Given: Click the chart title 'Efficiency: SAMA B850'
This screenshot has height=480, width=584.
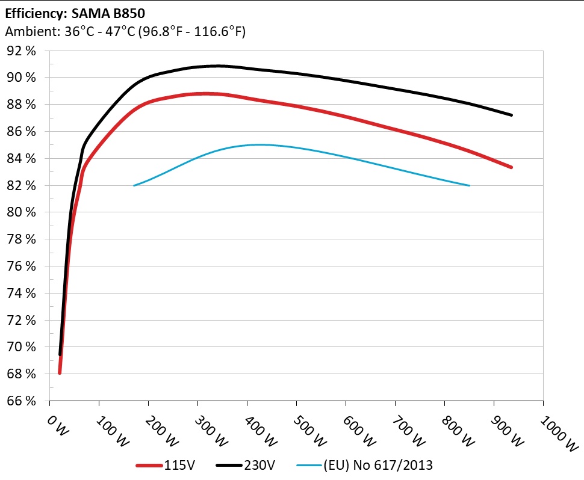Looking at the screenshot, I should tap(75, 12).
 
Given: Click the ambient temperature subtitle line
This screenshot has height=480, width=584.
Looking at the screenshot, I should tap(125, 32).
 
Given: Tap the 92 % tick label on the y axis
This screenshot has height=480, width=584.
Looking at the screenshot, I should tap(22, 51).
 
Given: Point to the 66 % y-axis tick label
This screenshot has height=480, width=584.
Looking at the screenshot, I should tap(22, 401).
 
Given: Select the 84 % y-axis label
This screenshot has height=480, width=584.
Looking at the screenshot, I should tap(22, 159).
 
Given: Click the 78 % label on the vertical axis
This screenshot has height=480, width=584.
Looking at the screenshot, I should tap(22, 239).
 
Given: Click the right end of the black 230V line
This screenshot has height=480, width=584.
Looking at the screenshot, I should tap(512, 115).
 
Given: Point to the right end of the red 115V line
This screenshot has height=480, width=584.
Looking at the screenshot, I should tap(512, 167).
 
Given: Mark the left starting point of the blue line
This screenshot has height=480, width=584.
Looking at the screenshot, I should tap(134, 185).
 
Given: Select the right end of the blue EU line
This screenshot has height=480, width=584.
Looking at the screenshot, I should tap(469, 185).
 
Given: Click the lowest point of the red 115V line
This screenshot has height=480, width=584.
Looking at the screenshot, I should tap(60, 373).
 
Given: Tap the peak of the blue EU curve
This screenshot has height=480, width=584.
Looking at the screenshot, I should tap(259, 144).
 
